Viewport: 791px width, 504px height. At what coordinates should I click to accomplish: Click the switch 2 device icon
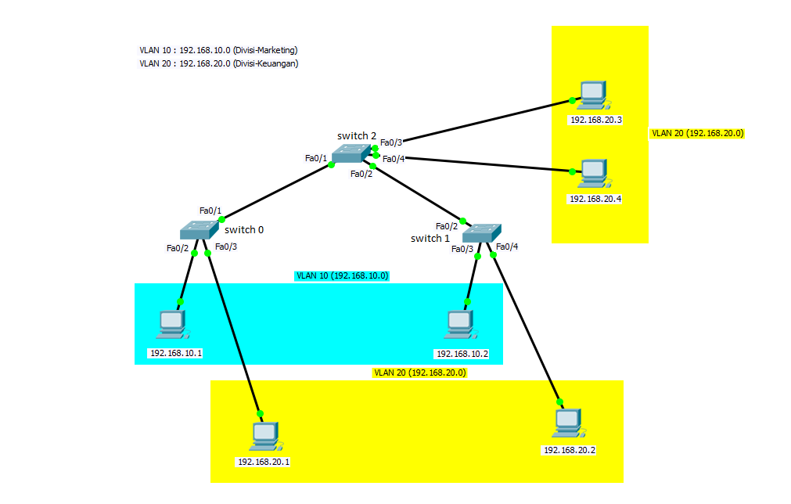pos(351,153)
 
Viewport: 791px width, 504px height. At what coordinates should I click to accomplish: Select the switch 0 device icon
pos(200,230)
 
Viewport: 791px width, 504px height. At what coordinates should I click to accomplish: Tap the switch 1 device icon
pos(482,233)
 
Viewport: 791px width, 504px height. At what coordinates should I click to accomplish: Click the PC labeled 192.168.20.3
pos(594,95)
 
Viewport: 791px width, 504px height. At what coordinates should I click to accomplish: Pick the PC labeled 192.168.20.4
pos(595,174)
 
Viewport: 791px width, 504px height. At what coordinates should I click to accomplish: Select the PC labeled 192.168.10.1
pos(173,325)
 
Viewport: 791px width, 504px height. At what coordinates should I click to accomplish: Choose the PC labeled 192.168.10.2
pos(461,325)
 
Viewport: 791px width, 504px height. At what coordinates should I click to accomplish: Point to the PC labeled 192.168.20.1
pos(266,437)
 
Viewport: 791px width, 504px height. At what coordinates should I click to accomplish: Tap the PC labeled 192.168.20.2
pos(569,423)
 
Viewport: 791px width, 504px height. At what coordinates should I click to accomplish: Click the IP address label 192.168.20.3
pos(595,120)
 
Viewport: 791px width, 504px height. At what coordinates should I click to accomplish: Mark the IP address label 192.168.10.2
pos(462,355)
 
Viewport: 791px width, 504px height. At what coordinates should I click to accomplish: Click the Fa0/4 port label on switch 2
pos(394,160)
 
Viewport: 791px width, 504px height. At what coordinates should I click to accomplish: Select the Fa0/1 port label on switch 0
pos(210,211)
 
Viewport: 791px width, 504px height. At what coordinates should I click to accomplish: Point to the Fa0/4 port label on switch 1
pos(507,247)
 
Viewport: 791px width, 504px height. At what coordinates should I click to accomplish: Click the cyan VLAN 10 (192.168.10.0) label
pos(342,276)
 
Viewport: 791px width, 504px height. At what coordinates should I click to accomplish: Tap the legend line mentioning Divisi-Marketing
pos(218,50)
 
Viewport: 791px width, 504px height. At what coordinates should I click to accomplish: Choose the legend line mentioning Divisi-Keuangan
pos(219,63)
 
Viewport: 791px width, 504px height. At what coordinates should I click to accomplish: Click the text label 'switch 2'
pos(357,135)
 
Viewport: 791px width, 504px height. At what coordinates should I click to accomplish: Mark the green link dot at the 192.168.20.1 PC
pos(261,414)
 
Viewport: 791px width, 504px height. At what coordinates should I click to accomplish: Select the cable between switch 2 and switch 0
pos(276,193)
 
